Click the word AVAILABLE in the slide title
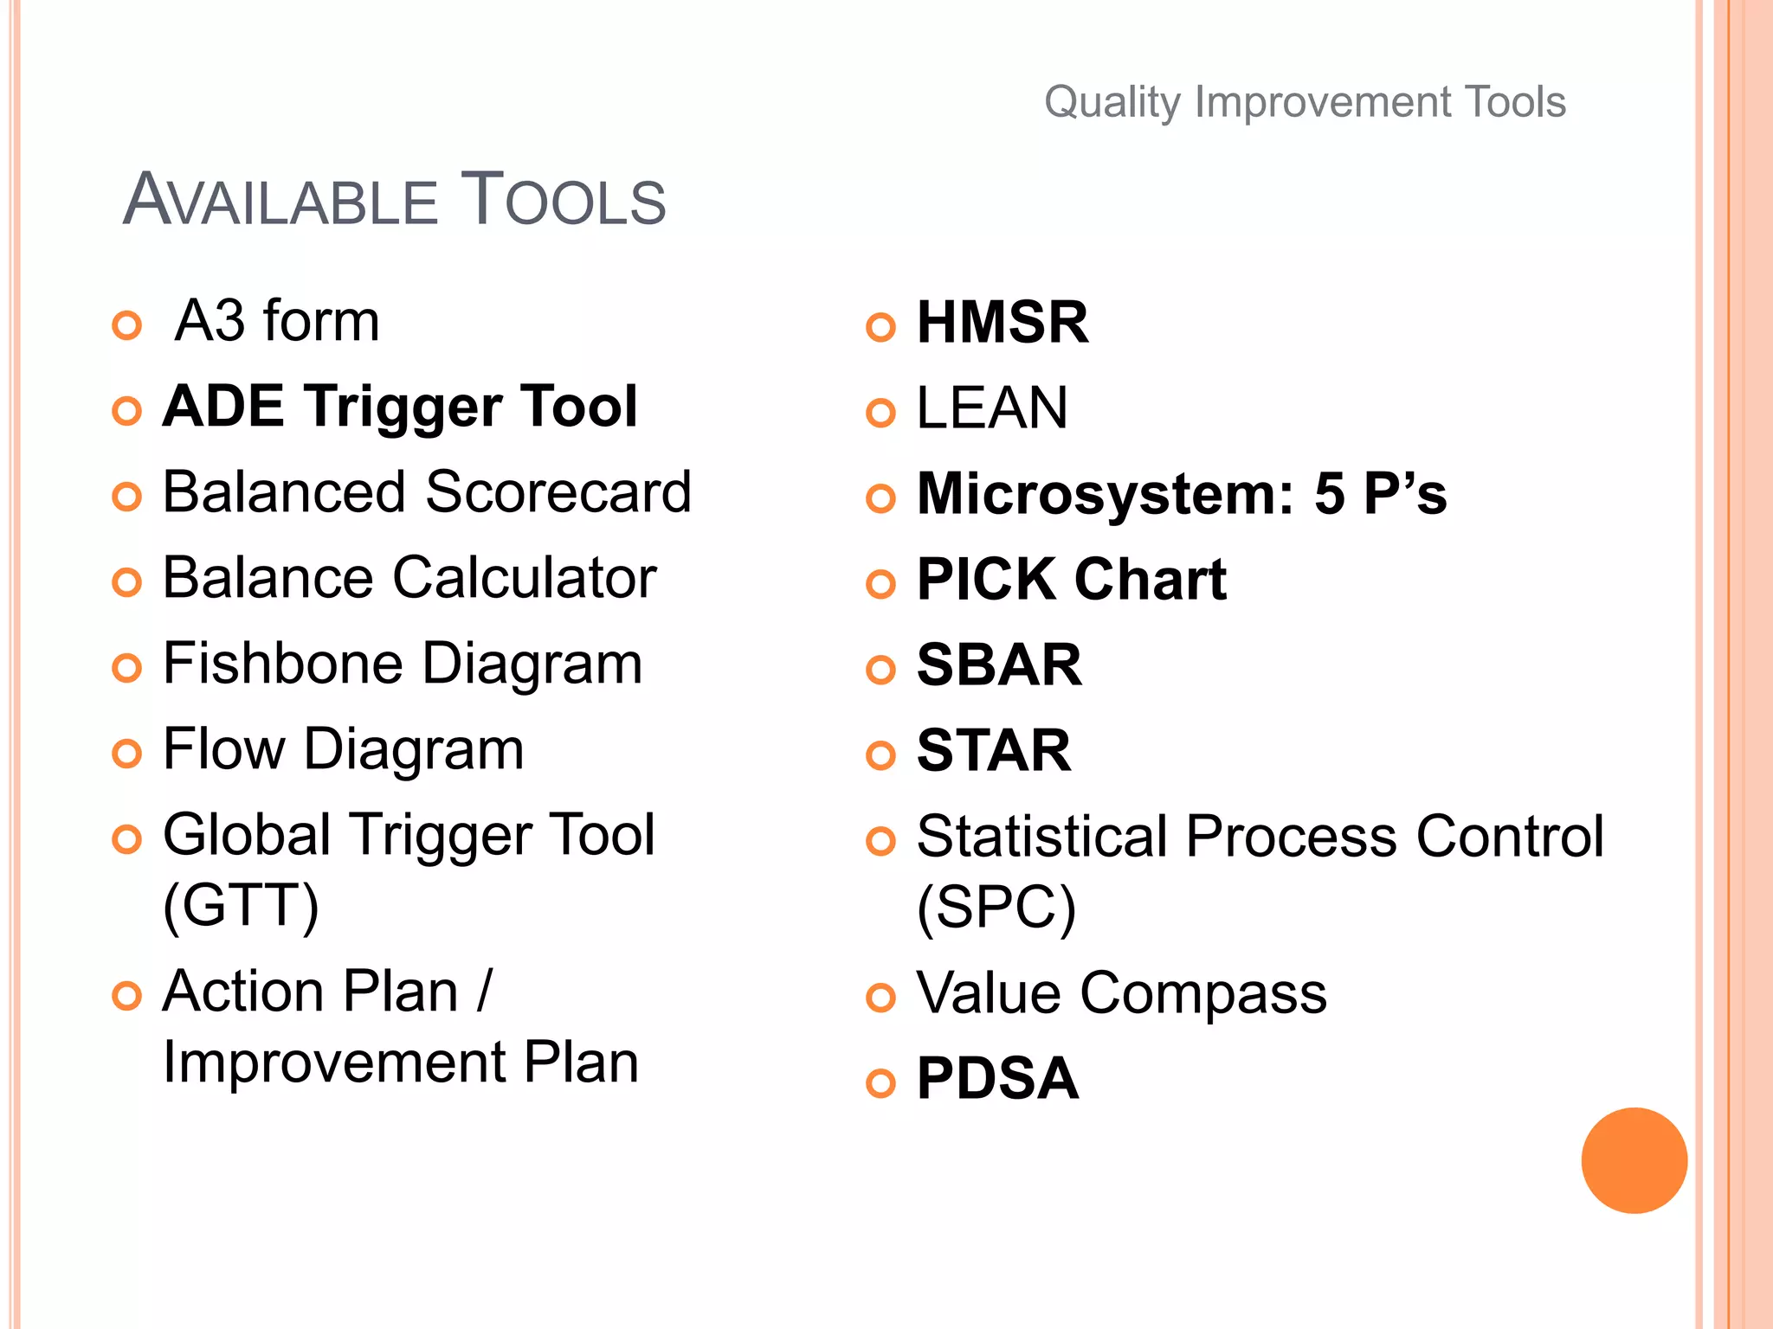click(280, 201)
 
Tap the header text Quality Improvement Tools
click(1305, 102)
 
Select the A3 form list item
click(277, 321)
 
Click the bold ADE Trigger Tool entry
click(400, 406)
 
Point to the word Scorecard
click(558, 491)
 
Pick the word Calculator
click(525, 577)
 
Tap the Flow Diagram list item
click(344, 748)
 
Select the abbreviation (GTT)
click(241, 905)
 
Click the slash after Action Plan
click(484, 991)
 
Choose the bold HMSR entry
click(1002, 322)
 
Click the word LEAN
click(992, 408)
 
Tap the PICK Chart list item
click(1071, 579)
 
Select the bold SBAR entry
click(999, 664)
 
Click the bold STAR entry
click(994, 750)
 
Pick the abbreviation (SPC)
click(996, 907)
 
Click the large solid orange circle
click(1634, 1160)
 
